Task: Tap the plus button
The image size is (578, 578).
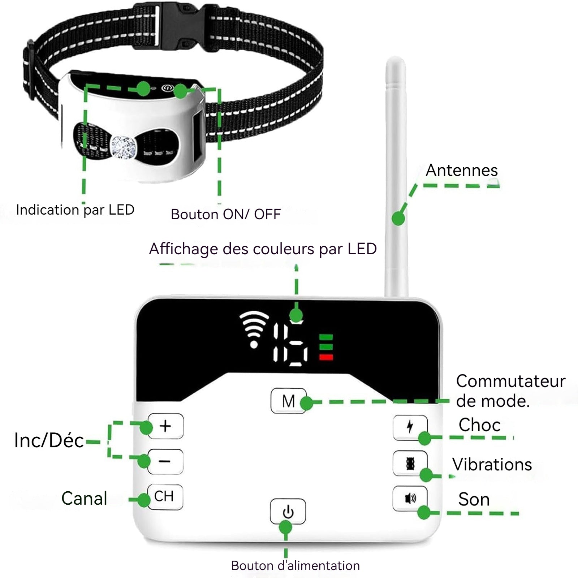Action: click(165, 426)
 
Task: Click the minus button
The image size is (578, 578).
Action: click(165, 461)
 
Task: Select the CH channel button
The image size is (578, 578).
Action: click(165, 497)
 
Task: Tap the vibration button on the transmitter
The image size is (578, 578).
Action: click(410, 463)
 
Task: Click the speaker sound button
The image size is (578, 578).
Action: click(410, 499)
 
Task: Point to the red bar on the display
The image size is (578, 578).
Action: click(326, 358)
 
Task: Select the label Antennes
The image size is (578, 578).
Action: click(462, 171)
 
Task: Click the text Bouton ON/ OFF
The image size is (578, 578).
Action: click(226, 214)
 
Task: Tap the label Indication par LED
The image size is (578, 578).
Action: click(75, 210)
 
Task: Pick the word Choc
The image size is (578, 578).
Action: click(479, 425)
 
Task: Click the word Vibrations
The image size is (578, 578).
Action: click(492, 465)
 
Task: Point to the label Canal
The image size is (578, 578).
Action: click(84, 499)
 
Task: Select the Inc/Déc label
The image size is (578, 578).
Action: click(49, 440)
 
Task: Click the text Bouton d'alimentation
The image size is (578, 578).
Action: click(296, 566)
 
